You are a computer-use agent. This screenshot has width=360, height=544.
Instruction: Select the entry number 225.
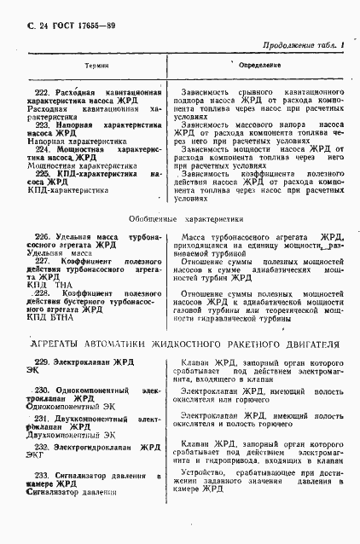pos(42,173)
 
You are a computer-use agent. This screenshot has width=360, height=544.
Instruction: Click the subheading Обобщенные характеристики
pos(178,218)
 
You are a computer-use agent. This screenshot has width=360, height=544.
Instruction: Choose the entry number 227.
pos(42,260)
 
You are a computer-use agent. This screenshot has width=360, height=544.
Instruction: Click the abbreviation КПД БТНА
pos(49,318)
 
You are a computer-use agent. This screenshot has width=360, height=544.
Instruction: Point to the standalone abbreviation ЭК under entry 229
pos(33,372)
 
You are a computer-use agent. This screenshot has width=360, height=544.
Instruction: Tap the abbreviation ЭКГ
pos(36,456)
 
